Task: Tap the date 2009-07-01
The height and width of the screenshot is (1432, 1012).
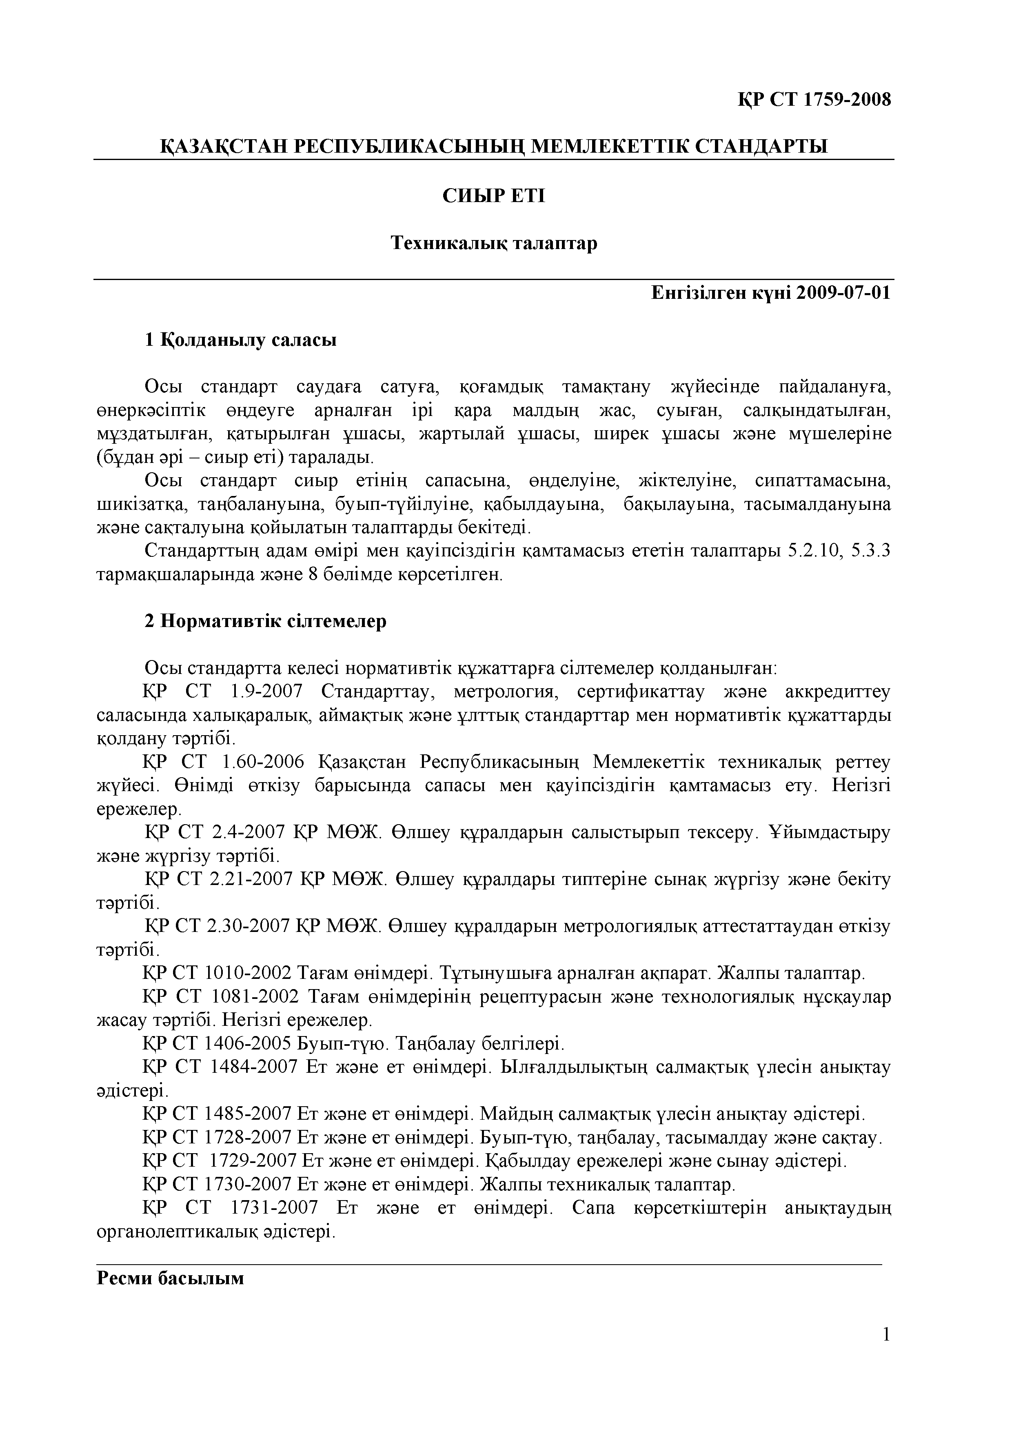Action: point(843,293)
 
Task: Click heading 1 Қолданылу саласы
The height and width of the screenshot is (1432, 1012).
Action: point(241,340)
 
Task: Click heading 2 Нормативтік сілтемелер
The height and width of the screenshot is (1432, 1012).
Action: point(266,621)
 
